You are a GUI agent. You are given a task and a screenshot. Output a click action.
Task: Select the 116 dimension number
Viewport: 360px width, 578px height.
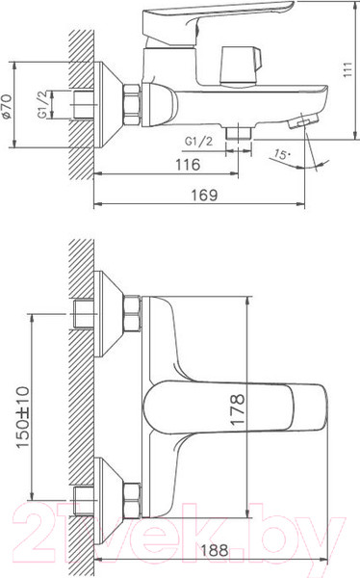coord(189,165)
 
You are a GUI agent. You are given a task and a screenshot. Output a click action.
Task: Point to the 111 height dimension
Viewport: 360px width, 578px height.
coord(347,69)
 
